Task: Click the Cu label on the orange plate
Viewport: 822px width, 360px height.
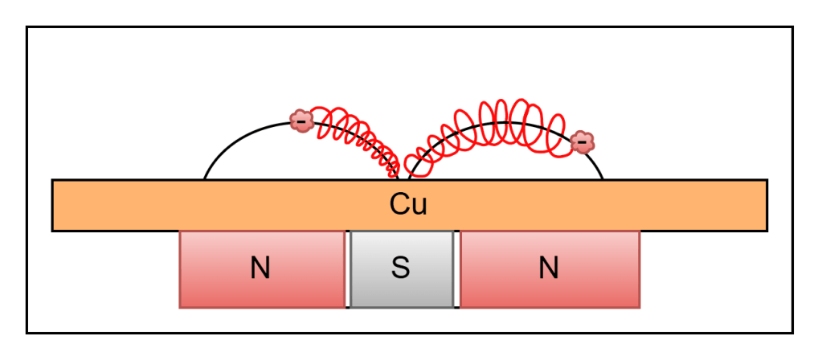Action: point(408,205)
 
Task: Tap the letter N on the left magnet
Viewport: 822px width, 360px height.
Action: point(260,269)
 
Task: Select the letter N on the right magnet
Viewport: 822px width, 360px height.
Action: point(548,269)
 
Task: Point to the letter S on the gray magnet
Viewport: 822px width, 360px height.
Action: point(400,268)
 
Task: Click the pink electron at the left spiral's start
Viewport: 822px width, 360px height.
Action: point(301,121)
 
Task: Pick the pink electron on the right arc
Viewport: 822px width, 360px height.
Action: point(582,141)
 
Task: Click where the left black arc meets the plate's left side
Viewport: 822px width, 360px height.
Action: point(204,179)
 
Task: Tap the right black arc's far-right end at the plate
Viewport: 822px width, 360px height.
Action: point(603,179)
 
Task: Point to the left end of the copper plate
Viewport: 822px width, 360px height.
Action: point(52,206)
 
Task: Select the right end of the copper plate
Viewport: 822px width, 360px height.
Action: point(767,206)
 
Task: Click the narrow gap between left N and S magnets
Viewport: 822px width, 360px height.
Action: point(348,269)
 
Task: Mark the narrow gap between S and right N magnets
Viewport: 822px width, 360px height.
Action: point(456,269)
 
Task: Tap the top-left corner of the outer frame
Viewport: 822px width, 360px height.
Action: point(27,27)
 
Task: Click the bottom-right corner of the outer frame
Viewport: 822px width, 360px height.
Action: point(792,333)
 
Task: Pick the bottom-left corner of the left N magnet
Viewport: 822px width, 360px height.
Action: point(180,308)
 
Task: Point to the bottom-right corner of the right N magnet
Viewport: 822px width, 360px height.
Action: point(640,308)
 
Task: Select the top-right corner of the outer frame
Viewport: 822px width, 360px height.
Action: point(792,27)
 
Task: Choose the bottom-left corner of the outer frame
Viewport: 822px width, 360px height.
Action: point(27,333)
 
